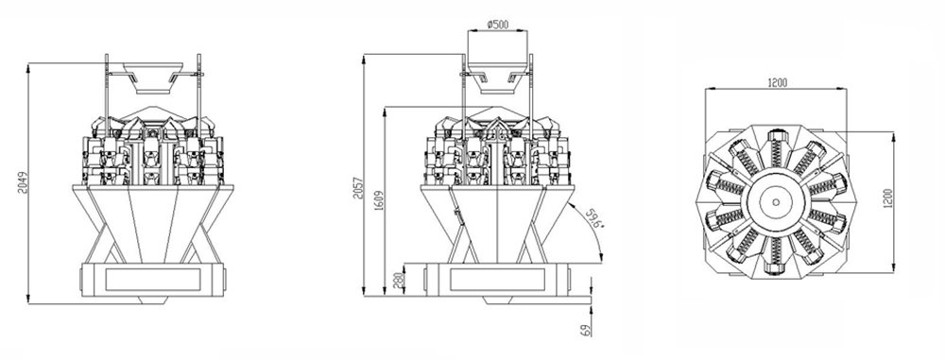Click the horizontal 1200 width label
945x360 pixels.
777,83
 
